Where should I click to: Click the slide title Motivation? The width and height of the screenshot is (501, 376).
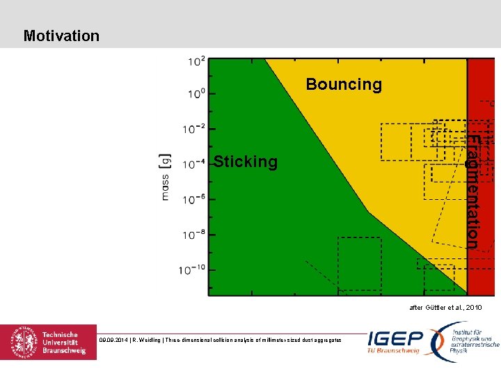pos(61,36)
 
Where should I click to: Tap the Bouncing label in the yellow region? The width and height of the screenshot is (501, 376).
pos(344,84)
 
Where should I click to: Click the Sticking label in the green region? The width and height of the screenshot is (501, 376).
pos(246,162)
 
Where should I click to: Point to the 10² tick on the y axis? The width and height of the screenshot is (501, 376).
pos(196,62)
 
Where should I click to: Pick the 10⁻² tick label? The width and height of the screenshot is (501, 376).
pos(194,129)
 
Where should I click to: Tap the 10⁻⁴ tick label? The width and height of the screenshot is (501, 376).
pos(194,164)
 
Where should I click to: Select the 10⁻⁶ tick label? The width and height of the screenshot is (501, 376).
pos(194,200)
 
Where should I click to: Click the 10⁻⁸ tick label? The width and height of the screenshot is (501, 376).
pos(194,235)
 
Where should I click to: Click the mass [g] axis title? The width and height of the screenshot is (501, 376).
pos(166,177)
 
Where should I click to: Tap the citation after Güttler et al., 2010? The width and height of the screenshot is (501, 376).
pos(445,307)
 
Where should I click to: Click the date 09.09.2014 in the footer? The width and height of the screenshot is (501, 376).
pos(112,340)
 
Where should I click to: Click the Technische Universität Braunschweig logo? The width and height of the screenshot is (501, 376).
pos(49,342)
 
